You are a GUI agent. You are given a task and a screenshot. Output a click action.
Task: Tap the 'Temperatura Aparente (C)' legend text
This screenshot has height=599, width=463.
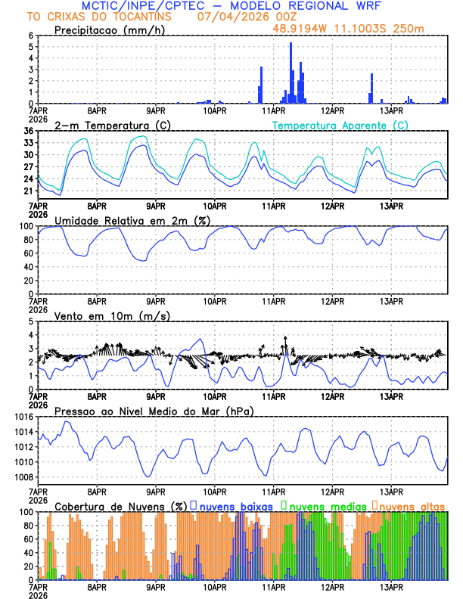[x=340, y=125]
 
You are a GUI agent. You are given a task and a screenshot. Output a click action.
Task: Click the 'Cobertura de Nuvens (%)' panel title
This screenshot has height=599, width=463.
[x=120, y=505]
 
